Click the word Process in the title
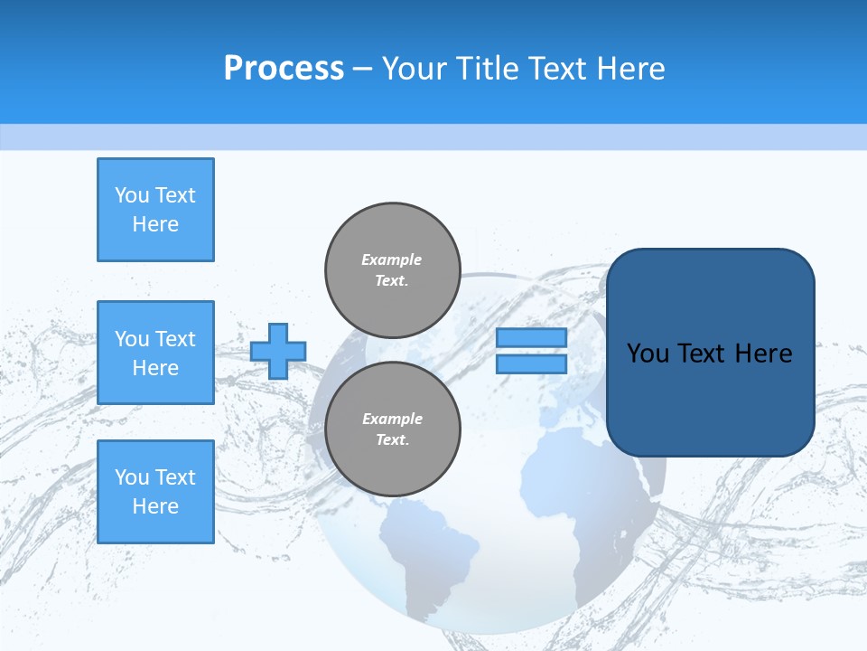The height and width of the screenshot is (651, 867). click(x=284, y=69)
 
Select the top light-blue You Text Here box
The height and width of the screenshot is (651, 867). click(x=155, y=210)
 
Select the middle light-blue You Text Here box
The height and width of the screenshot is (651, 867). click(x=155, y=353)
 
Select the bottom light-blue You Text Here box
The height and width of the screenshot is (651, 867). click(x=155, y=492)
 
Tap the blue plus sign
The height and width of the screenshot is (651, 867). click(x=278, y=351)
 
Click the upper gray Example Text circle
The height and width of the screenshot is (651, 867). click(x=392, y=270)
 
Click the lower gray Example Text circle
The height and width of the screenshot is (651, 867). click(x=392, y=429)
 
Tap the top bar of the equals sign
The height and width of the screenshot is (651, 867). click(x=531, y=338)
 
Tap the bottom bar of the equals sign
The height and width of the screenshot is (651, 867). click(x=531, y=363)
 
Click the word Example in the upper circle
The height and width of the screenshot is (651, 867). click(x=392, y=259)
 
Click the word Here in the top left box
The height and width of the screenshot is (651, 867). click(x=155, y=224)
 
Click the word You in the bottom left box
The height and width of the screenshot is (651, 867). click(x=132, y=477)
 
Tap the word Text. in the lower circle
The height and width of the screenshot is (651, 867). click(x=392, y=440)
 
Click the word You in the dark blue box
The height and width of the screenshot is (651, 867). click(x=648, y=354)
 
